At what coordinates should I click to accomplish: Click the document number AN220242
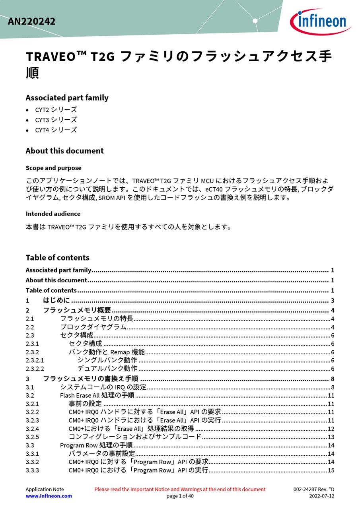(x=31, y=21)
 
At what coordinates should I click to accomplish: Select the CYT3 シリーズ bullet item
(x=56, y=120)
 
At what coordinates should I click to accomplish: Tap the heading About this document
(x=64, y=151)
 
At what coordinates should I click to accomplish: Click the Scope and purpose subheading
(x=53, y=168)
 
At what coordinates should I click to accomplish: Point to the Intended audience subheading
(x=53, y=214)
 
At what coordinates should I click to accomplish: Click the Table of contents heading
(x=57, y=257)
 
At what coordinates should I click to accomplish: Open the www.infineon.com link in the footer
(x=49, y=496)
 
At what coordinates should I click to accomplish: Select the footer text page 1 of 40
(x=180, y=496)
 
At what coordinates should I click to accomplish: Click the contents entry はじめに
(x=56, y=300)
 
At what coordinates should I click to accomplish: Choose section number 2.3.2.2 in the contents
(x=35, y=369)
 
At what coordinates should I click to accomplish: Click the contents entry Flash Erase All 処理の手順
(x=97, y=395)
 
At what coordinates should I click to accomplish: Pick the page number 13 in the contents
(x=331, y=437)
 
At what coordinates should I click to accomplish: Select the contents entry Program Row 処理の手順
(x=96, y=445)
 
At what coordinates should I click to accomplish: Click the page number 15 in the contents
(x=331, y=470)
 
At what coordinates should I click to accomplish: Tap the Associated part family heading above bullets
(x=67, y=98)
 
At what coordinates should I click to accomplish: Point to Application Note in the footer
(x=45, y=489)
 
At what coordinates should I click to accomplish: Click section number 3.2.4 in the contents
(x=32, y=429)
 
